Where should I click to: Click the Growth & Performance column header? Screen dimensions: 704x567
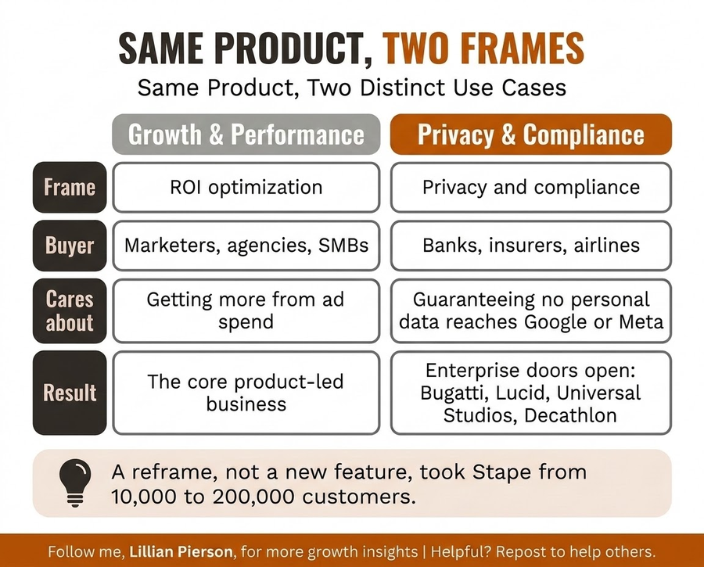(246, 135)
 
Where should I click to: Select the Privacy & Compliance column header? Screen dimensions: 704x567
(530, 135)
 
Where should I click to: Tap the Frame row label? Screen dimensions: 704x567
(70, 187)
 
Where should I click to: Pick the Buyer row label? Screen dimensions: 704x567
(70, 246)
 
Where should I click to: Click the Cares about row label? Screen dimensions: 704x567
(70, 310)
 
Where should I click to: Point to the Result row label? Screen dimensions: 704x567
(70, 393)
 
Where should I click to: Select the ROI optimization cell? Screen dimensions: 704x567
(246, 187)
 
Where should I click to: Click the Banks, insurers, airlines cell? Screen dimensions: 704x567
(531, 246)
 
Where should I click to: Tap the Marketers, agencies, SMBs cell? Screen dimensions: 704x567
(246, 246)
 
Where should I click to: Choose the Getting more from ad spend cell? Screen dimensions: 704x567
(246, 310)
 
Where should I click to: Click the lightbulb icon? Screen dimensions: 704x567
(75, 483)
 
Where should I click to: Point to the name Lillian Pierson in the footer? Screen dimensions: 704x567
(181, 551)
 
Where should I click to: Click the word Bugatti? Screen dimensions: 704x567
(454, 393)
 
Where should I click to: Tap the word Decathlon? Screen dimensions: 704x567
(570, 415)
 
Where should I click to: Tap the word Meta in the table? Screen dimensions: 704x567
(641, 322)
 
